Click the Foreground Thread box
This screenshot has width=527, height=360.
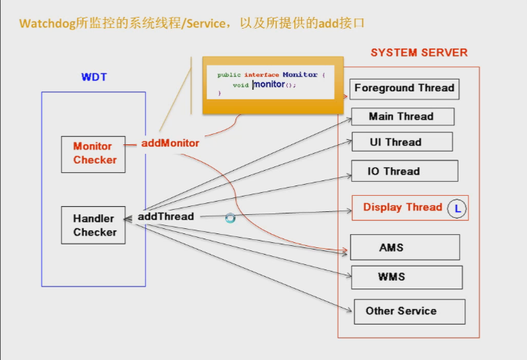[x=404, y=88]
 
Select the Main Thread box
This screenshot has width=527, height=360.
[x=401, y=116]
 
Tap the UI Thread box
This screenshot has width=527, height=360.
[x=400, y=142]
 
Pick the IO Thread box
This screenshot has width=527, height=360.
[x=403, y=171]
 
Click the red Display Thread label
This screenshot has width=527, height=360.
[x=403, y=208]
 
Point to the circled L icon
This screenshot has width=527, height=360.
[x=457, y=208]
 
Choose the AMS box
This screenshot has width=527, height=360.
[x=404, y=247]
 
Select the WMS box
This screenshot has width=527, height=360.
[x=406, y=278]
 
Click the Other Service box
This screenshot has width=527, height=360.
[x=408, y=311]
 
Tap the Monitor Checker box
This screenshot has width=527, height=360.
[x=95, y=153]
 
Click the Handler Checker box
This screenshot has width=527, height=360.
[x=95, y=225]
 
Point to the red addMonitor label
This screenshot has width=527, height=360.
[x=170, y=143]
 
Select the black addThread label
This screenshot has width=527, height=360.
[x=166, y=216]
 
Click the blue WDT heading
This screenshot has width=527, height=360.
[x=93, y=77]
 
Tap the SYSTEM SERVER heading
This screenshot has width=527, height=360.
[x=419, y=53]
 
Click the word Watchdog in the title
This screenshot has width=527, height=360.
[x=48, y=24]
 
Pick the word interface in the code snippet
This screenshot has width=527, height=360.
[x=262, y=75]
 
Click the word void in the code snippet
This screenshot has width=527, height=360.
[x=241, y=85]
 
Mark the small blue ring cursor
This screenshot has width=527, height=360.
[x=230, y=219]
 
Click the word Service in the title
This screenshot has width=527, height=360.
[x=208, y=24]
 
